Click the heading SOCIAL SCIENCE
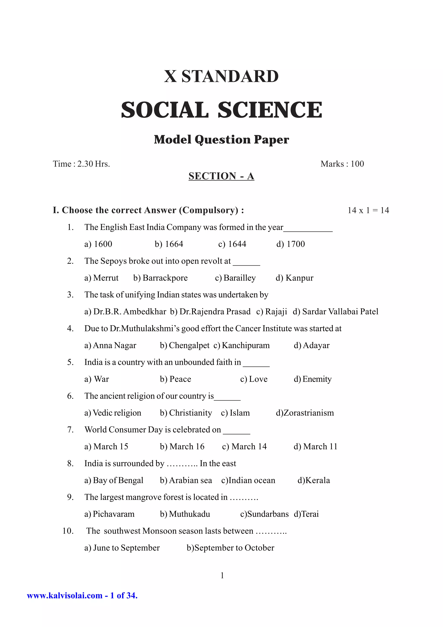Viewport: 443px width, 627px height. pyautogui.click(x=221, y=110)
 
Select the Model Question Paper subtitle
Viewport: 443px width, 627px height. pyautogui.click(x=221, y=140)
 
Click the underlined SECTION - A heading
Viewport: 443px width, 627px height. pyautogui.click(x=221, y=176)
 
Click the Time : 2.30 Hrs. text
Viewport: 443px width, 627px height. pyautogui.click(x=81, y=164)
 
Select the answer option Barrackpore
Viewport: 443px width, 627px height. pyautogui.click(x=161, y=278)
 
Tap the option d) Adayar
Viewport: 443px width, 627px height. pyautogui.click(x=311, y=346)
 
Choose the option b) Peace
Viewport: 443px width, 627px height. pyautogui.click(x=175, y=379)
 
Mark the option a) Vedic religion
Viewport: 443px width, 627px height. pyautogui.click(x=113, y=413)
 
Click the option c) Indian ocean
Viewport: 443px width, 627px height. pyautogui.click(x=248, y=480)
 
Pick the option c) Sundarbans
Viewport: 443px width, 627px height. pyautogui.click(x=264, y=514)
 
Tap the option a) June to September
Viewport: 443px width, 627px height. pyautogui.click(x=122, y=548)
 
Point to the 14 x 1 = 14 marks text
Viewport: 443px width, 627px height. pyautogui.click(x=368, y=210)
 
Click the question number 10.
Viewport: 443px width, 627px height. pyautogui.click(x=68, y=531)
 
